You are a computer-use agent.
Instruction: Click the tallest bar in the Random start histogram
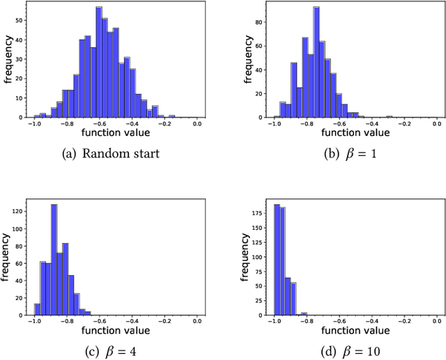point(99,63)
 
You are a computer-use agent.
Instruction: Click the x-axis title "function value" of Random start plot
point(115,132)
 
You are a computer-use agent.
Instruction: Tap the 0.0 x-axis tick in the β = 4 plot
point(197,320)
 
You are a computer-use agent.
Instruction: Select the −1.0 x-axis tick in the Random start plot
point(33,123)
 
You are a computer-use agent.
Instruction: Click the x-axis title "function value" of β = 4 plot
point(115,329)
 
